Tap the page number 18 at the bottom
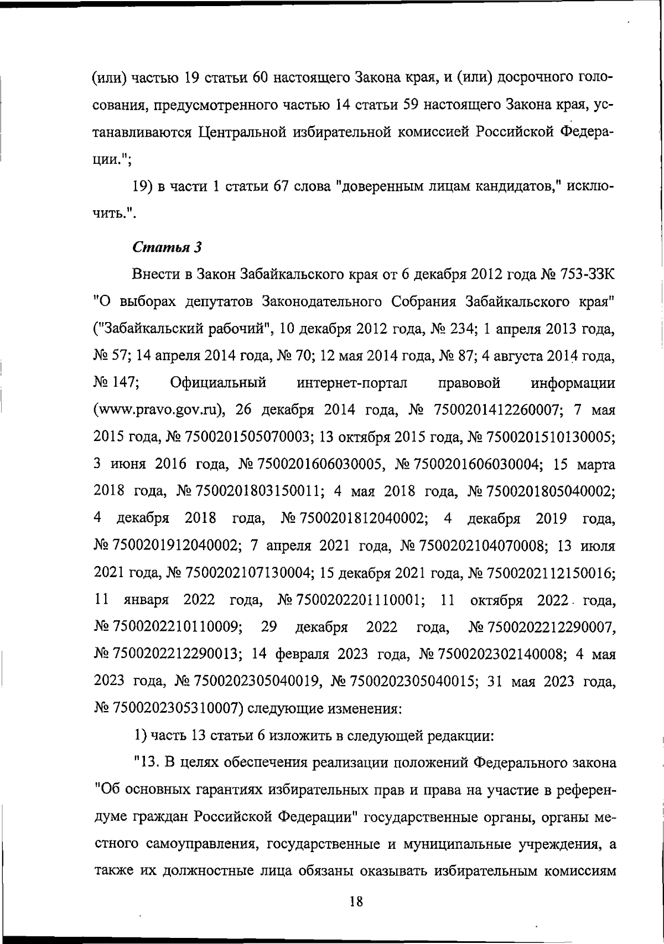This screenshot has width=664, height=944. (356, 901)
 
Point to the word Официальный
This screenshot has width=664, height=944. (219, 383)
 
